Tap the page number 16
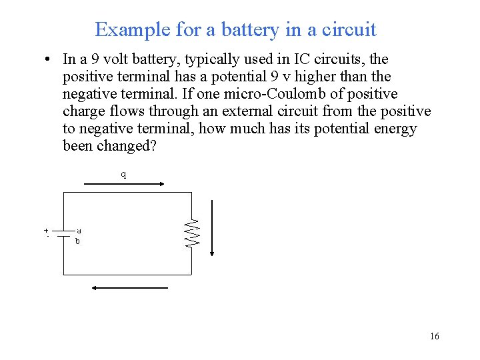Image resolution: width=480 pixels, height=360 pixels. point(435,337)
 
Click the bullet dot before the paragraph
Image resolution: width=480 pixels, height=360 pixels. point(49,60)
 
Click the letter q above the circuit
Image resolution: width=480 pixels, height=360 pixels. point(123,175)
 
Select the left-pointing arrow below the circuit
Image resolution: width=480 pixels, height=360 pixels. point(129,288)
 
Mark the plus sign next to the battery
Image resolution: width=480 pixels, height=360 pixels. point(46,231)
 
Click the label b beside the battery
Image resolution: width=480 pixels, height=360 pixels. point(77,241)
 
